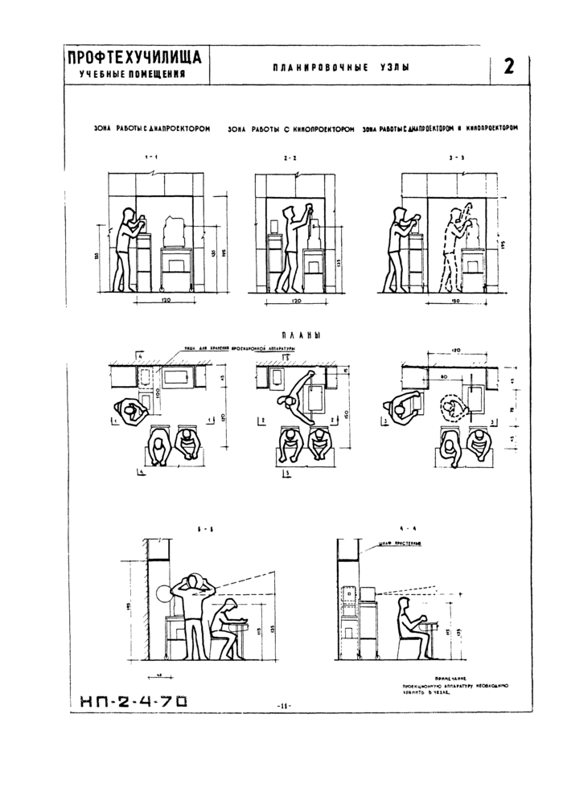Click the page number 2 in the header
(x=508, y=67)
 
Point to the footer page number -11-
(x=282, y=705)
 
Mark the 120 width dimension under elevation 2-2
(x=295, y=300)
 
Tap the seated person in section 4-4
(x=409, y=631)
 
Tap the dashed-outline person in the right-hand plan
(x=451, y=409)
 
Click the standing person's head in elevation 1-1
(x=128, y=213)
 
